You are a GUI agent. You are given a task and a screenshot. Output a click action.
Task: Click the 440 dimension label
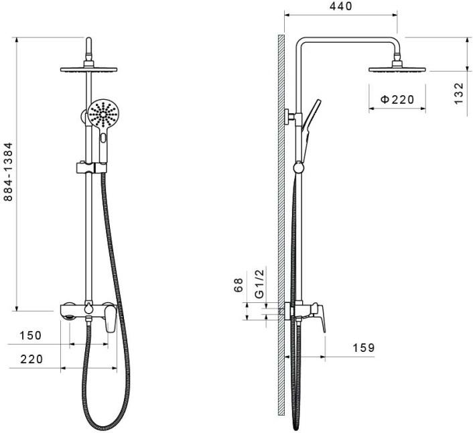(341, 6)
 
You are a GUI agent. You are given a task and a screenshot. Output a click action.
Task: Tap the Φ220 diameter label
(397, 99)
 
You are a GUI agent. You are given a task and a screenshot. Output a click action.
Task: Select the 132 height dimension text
(458, 94)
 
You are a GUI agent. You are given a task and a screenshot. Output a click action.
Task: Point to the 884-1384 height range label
(9, 172)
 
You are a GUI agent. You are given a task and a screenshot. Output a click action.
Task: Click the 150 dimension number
(30, 336)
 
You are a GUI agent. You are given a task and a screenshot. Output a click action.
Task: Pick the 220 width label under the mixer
(31, 359)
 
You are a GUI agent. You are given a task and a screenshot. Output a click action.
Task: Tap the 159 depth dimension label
(364, 348)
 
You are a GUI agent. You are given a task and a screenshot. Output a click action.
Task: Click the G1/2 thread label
(260, 284)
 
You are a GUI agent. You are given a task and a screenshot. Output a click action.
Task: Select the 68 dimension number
(239, 285)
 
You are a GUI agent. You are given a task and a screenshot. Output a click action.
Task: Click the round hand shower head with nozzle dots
(104, 114)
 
